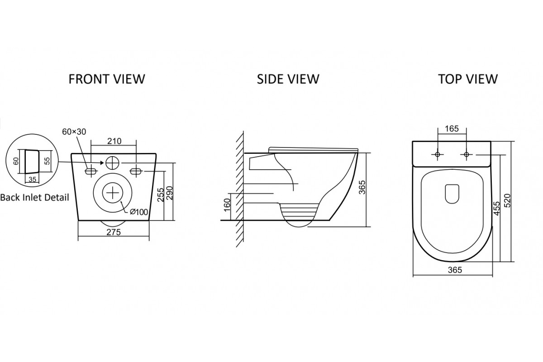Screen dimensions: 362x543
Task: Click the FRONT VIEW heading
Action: pyautogui.click(x=107, y=79)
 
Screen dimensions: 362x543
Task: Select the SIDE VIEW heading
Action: pyautogui.click(x=288, y=79)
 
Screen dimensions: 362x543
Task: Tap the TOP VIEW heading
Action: pyautogui.click(x=468, y=79)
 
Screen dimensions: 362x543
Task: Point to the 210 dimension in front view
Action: pyautogui.click(x=114, y=141)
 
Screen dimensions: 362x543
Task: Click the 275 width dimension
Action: pyautogui.click(x=114, y=232)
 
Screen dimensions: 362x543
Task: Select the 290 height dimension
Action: pyautogui.click(x=170, y=193)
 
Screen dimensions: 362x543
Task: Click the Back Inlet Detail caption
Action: pyautogui.click(x=34, y=197)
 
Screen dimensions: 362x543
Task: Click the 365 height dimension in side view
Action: pyautogui.click(x=361, y=187)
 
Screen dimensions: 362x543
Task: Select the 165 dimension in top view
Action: pyautogui.click(x=452, y=129)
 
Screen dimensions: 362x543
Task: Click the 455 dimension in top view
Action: pyautogui.click(x=497, y=209)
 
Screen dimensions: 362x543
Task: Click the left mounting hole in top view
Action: pyautogui.click(x=438, y=155)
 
